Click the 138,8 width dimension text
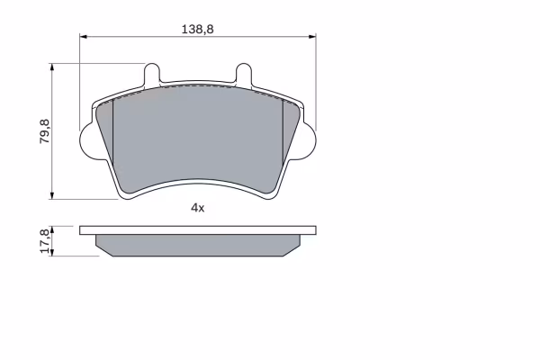[197, 30]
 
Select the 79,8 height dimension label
[45, 131]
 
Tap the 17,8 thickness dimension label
[45, 241]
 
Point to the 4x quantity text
[198, 208]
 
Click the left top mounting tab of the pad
[151, 74]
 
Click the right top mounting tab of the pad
[244, 74]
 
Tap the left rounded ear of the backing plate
[87, 140]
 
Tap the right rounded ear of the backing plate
[308, 140]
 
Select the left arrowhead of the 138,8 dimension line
[84, 36]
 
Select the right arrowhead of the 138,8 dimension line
[312, 36]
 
